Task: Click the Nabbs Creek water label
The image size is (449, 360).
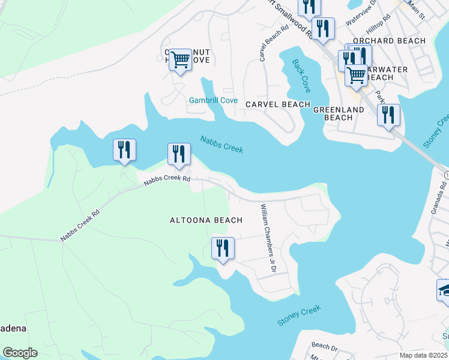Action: (x=221, y=143)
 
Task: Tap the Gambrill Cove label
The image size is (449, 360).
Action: (x=214, y=100)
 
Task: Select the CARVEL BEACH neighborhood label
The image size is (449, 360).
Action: (x=277, y=104)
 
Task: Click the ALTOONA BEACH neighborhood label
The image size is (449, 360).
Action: (x=206, y=220)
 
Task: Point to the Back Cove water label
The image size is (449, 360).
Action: (x=301, y=76)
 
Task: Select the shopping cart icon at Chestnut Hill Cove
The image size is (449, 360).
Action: (x=180, y=60)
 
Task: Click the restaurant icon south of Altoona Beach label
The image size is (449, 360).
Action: (x=223, y=248)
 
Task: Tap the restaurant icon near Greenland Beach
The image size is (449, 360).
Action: (x=388, y=114)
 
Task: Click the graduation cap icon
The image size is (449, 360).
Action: (x=444, y=290)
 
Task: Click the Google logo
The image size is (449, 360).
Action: (x=20, y=353)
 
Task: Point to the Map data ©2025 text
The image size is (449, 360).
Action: (x=424, y=355)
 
